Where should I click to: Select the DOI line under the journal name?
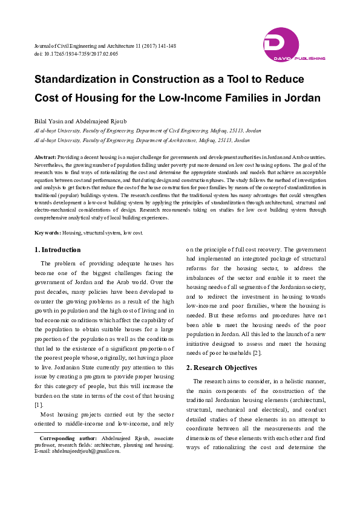76,54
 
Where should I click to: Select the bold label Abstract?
45,157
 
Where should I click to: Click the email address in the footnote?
87,450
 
